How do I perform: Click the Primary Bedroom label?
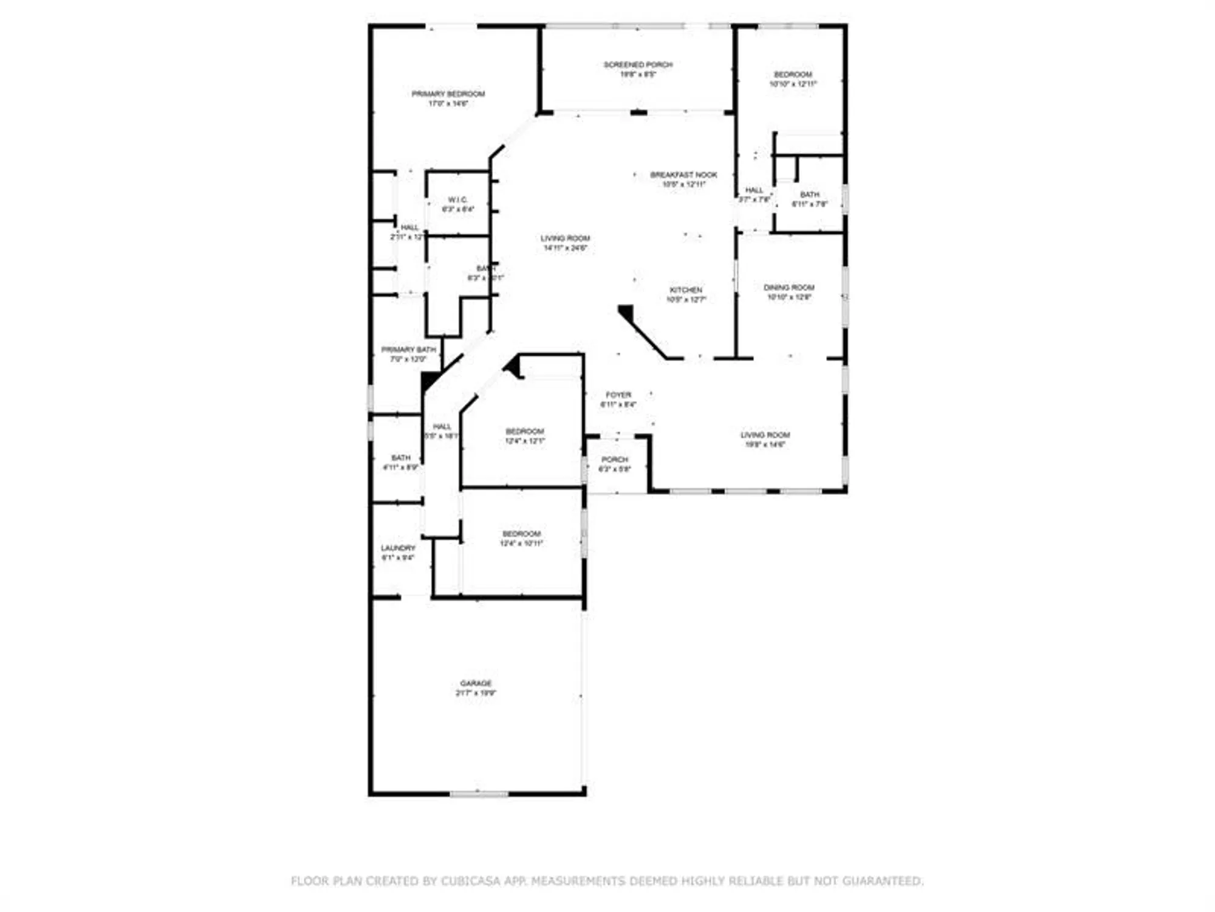point(448,94)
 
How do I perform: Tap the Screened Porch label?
point(638,64)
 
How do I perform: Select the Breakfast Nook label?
point(683,174)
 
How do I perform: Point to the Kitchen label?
point(686,290)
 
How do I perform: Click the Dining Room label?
point(789,288)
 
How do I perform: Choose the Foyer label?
point(618,395)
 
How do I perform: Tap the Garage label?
point(476,683)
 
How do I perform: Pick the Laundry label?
point(398,548)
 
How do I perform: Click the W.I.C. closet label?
point(458,200)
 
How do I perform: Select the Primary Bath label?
point(408,350)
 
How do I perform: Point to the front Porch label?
point(615,460)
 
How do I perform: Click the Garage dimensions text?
point(476,693)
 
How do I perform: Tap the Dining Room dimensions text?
point(789,297)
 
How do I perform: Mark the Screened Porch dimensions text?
point(638,74)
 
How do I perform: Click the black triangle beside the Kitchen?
point(626,313)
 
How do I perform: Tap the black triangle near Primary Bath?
point(429,381)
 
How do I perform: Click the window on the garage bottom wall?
point(479,794)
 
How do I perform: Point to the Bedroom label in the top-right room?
point(793,74)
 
